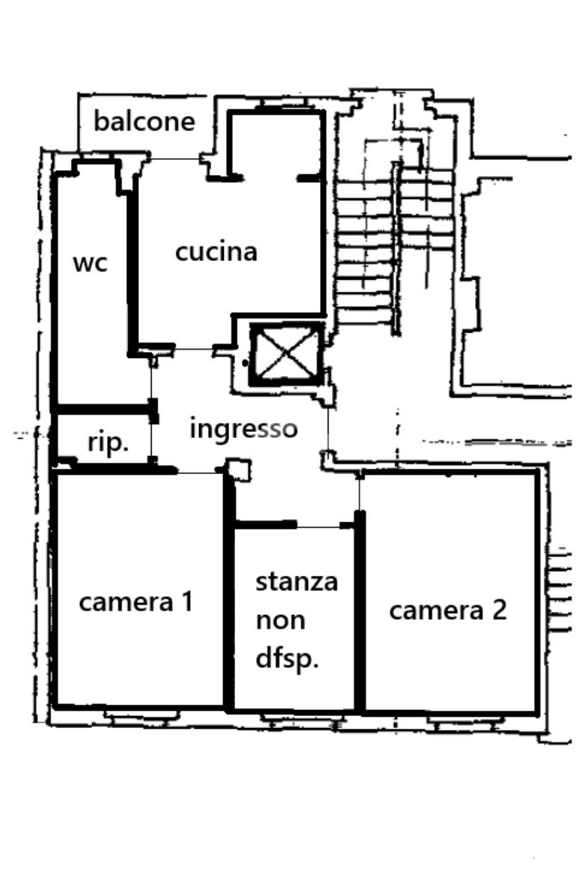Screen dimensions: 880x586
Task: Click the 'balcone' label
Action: (x=144, y=121)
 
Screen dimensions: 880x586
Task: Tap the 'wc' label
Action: (x=90, y=263)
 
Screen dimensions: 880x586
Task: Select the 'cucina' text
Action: (x=216, y=252)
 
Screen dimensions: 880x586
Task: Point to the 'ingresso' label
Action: (x=244, y=428)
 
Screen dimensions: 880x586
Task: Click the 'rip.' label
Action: (x=108, y=443)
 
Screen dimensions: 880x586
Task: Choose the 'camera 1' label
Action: (x=136, y=602)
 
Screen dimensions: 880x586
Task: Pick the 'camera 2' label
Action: (x=448, y=610)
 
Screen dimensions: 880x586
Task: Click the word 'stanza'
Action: (x=297, y=581)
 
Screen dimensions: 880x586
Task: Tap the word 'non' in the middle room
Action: (x=280, y=620)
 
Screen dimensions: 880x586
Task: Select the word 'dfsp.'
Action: (x=287, y=659)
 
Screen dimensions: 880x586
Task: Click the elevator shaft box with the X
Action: (x=286, y=353)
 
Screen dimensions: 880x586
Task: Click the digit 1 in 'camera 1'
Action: (x=185, y=601)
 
